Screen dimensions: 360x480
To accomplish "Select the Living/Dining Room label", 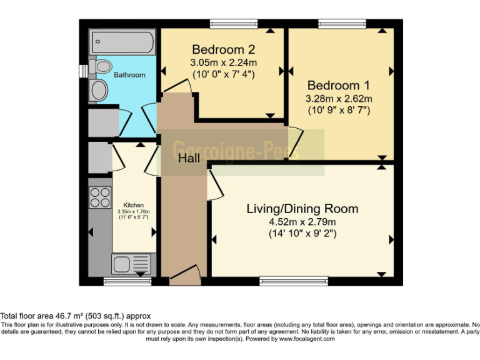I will pos(302,209).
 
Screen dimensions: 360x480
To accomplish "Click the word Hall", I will pos(189,159).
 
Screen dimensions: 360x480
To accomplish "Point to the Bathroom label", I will pos(129,75).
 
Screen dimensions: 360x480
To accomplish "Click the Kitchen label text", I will pos(133,205).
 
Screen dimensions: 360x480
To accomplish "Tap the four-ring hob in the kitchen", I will pos(100,197).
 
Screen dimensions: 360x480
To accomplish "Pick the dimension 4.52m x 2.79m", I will pos(302,222).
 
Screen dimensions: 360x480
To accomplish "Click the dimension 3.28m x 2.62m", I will pos(338,99).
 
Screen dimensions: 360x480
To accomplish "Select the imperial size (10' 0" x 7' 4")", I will pos(223,74).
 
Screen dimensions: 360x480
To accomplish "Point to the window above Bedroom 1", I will pos(342,24).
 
